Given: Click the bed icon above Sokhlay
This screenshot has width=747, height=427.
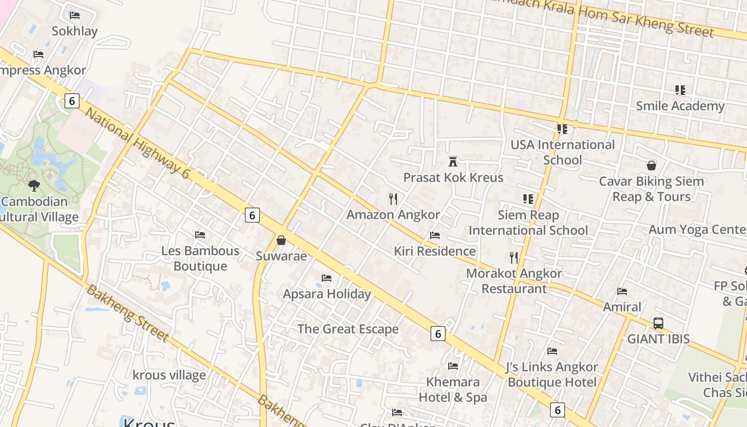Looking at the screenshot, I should click(x=75, y=15).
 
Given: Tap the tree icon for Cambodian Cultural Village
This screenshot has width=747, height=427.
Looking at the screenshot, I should click(x=34, y=186).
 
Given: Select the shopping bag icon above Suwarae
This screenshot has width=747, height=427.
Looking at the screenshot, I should click(x=281, y=241).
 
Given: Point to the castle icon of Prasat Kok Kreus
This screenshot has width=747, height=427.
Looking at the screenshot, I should click(x=453, y=161).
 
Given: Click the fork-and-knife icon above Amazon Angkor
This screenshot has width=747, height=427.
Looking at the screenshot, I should click(x=393, y=199).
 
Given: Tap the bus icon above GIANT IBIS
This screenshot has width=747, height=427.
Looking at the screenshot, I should click(x=658, y=323).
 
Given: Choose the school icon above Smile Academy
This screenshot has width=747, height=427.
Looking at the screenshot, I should click(x=680, y=90).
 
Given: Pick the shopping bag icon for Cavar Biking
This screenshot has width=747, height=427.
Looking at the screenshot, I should click(x=651, y=165).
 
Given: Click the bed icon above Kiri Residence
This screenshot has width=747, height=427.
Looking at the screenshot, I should click(x=435, y=235).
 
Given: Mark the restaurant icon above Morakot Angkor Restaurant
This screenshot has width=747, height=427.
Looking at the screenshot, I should click(x=514, y=258).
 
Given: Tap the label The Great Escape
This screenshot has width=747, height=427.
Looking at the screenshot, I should click(x=348, y=329).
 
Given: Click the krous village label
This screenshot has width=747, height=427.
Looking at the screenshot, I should click(x=169, y=375).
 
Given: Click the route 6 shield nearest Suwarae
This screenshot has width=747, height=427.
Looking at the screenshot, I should click(x=252, y=215).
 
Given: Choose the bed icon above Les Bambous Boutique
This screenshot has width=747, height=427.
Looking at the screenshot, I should click(x=200, y=235).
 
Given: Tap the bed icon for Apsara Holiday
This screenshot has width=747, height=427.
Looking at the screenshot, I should click(x=327, y=278).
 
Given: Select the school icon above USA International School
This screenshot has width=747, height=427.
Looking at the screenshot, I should click(x=562, y=129).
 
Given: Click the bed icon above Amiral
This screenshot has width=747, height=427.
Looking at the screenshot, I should click(x=622, y=291).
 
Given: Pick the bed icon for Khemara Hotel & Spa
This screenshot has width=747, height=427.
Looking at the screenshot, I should click(x=453, y=366).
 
